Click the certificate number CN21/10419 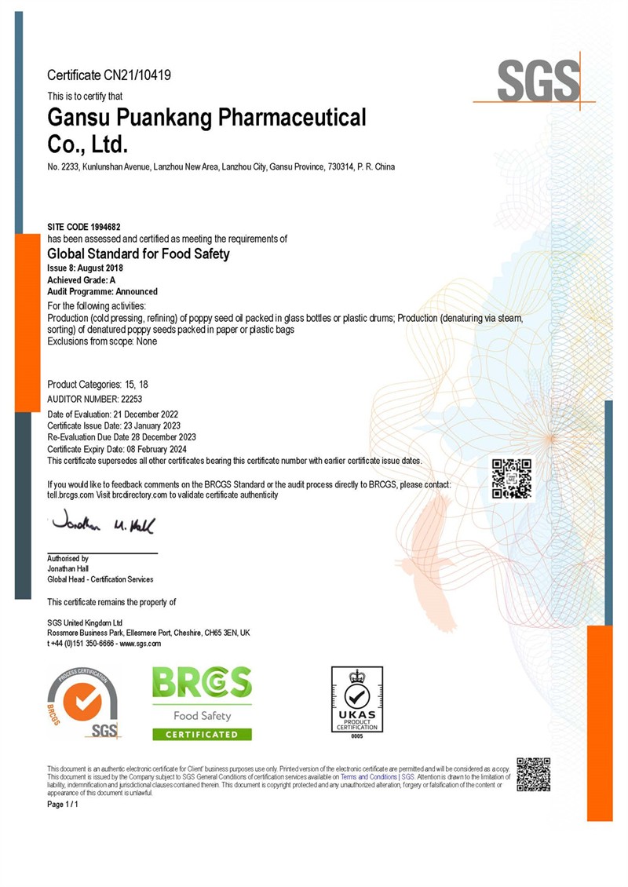pyautogui.click(x=137, y=75)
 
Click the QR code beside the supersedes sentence pyautogui.click(x=511, y=479)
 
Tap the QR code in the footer pyautogui.click(x=534, y=774)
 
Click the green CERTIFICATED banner pyautogui.click(x=202, y=734)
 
